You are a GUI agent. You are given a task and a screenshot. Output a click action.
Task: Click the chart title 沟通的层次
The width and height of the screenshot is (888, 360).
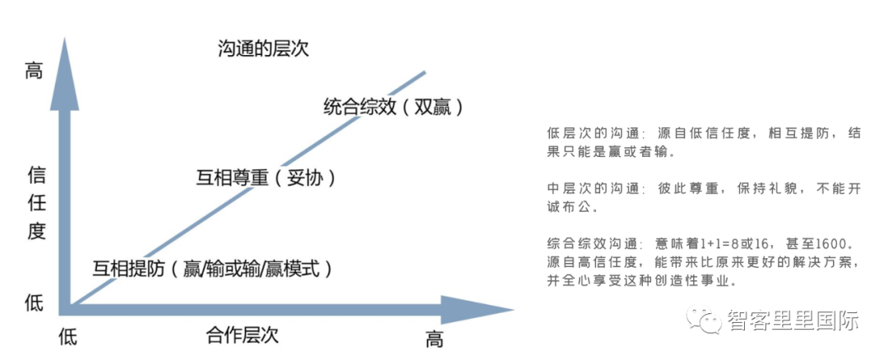[263, 50]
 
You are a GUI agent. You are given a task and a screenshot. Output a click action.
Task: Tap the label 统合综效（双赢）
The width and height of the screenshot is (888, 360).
[394, 107]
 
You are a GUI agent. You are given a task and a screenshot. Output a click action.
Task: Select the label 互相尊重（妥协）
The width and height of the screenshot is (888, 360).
[266, 177]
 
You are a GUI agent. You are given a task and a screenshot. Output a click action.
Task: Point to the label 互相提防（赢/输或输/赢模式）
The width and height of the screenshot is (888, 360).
[212, 268]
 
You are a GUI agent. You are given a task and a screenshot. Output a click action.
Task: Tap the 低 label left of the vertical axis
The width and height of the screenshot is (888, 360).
[34, 302]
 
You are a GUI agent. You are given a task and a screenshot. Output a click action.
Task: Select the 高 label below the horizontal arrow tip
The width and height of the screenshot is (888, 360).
[434, 338]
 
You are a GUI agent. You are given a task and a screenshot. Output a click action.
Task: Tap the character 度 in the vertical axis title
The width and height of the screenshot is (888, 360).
[36, 231]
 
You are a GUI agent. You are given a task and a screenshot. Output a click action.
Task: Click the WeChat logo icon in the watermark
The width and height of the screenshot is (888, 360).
[706, 321]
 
